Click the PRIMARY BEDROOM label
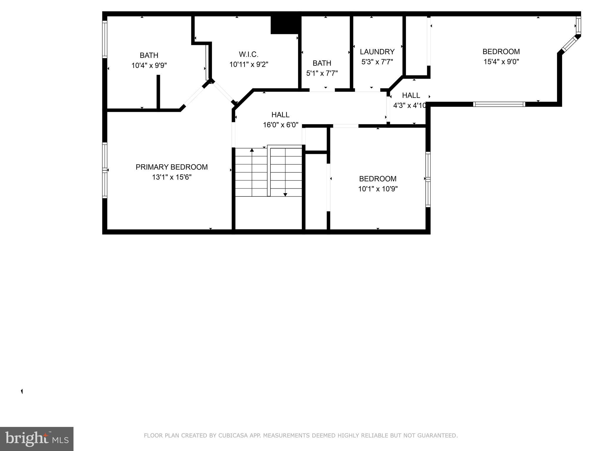(x=172, y=167)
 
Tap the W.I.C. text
(x=248, y=54)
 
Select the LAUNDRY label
(x=377, y=52)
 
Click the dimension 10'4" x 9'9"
(x=149, y=65)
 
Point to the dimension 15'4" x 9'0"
(x=501, y=62)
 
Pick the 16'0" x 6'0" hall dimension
(x=280, y=125)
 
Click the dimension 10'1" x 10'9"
(x=378, y=189)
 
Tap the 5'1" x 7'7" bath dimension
(x=322, y=73)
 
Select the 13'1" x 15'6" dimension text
(x=172, y=177)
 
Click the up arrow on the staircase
(x=252, y=150)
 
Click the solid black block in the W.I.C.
(x=284, y=25)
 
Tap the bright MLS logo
(x=37, y=439)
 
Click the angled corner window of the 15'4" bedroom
(x=570, y=44)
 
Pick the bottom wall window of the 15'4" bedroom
(x=499, y=104)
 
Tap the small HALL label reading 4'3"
(x=411, y=95)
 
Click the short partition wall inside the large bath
(x=158, y=92)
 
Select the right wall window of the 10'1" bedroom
(x=428, y=179)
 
